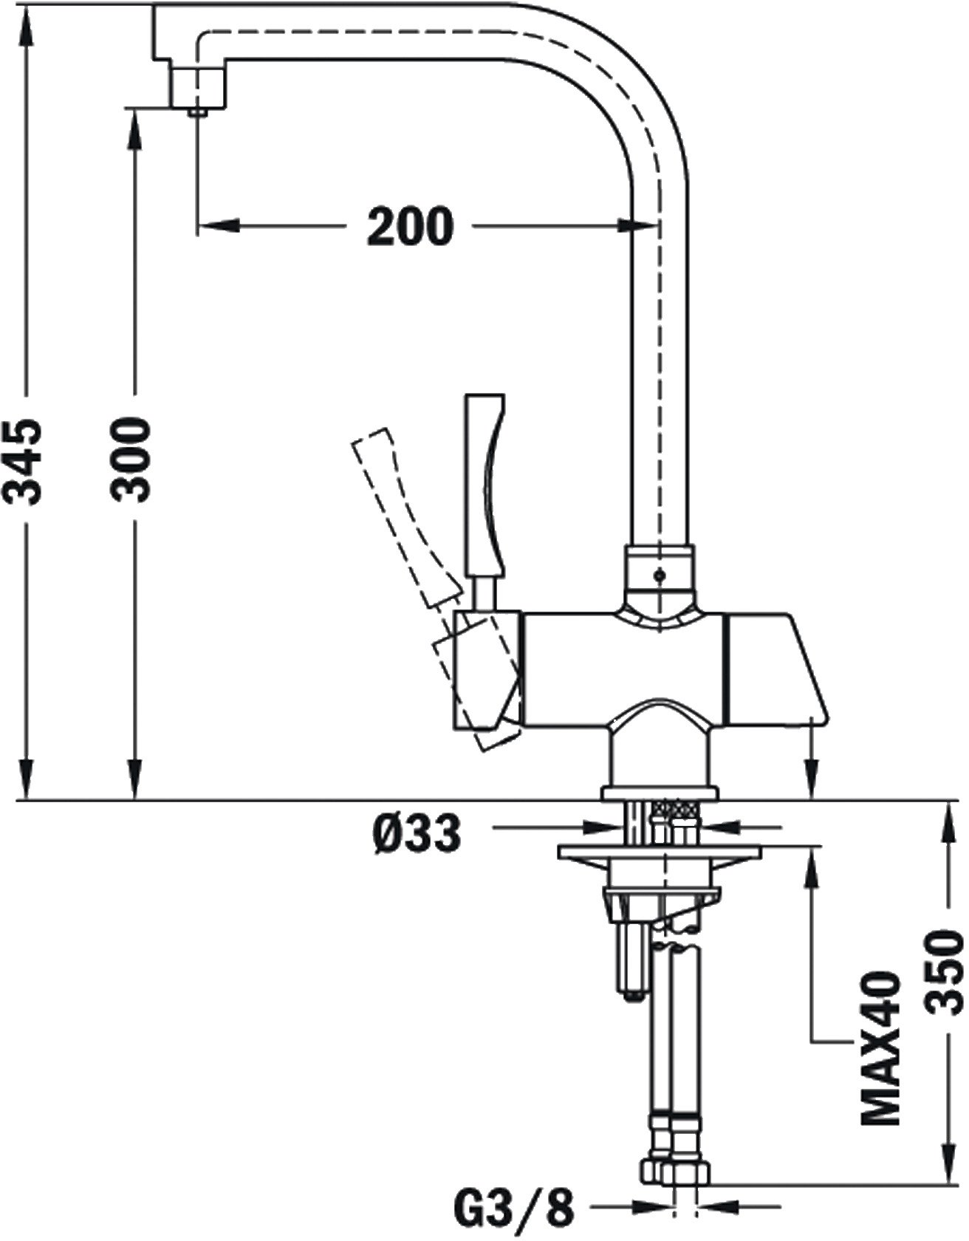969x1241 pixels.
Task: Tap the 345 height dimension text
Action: coord(30,462)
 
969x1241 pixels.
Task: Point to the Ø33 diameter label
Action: coord(417,835)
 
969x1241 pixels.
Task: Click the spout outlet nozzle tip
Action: coord(197,112)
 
